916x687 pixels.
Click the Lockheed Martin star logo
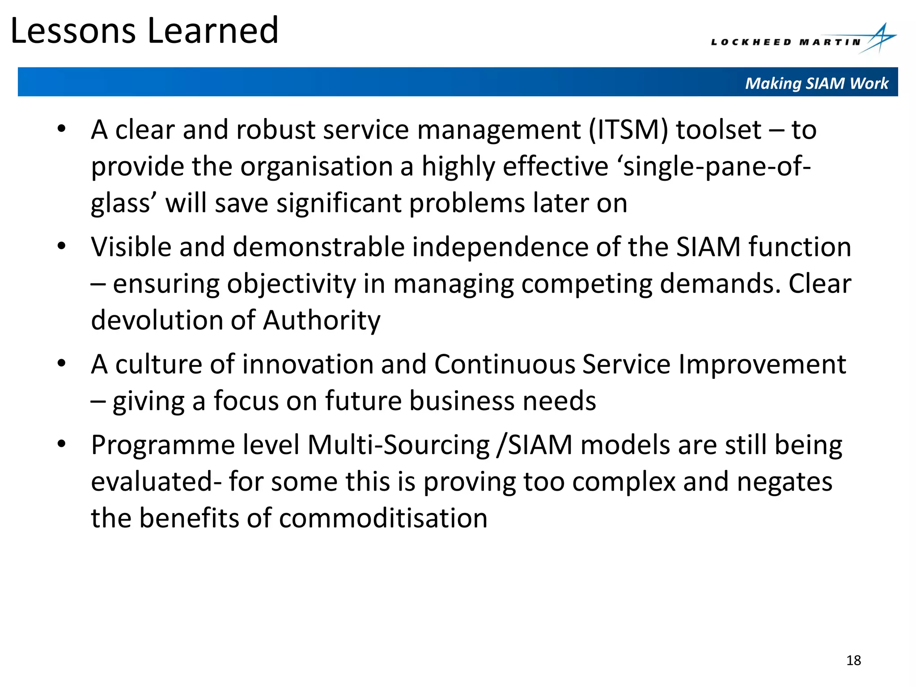(x=878, y=39)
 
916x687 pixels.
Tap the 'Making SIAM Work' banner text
(x=816, y=83)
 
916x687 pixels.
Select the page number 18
(x=853, y=660)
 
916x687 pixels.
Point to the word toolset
(x=718, y=130)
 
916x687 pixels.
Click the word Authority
(x=322, y=321)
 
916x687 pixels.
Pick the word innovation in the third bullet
(x=308, y=364)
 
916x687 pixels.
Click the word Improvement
(x=762, y=364)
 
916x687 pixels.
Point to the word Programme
(x=163, y=445)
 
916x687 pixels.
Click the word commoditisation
(x=383, y=518)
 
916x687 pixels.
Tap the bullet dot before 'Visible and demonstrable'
(x=62, y=246)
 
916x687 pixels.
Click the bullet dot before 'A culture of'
(x=62, y=363)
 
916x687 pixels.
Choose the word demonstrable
(x=318, y=247)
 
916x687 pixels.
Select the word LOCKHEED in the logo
(x=751, y=42)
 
